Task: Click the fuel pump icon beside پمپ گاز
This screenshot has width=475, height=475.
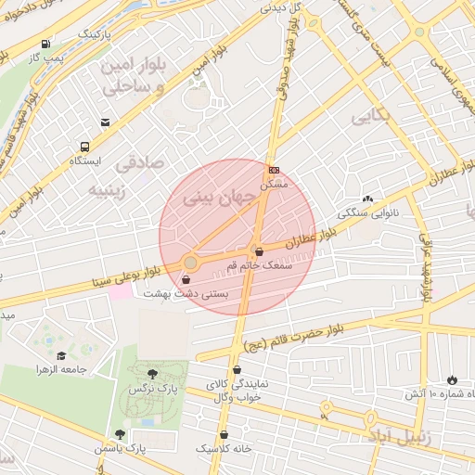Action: click(45, 44)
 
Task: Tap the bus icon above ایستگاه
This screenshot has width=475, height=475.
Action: click(85, 147)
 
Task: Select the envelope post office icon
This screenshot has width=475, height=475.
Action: click(105, 122)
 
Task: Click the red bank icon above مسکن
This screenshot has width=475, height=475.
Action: click(274, 170)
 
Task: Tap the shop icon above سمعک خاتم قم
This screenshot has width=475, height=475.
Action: click(258, 250)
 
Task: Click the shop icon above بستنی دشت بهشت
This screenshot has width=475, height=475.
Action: click(187, 278)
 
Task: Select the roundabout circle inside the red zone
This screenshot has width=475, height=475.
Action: click(190, 263)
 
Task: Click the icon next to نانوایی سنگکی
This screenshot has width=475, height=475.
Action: click(367, 199)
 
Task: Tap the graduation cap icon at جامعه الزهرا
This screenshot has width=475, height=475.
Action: click(61, 355)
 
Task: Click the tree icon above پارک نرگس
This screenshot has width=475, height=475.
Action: click(152, 373)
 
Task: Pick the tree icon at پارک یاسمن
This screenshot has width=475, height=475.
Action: click(119, 433)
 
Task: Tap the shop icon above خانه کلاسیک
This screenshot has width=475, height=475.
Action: click(224, 434)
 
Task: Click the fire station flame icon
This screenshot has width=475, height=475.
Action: click(452, 379)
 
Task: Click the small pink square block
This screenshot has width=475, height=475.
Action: click(121, 291)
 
